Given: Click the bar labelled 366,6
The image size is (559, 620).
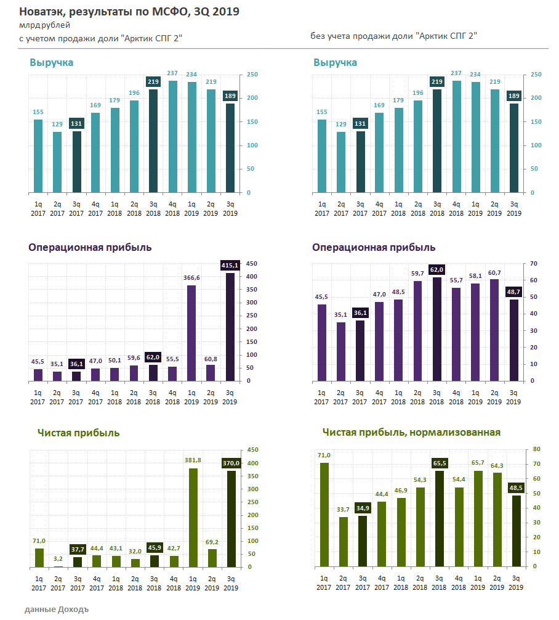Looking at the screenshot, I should pyautogui.click(x=191, y=333).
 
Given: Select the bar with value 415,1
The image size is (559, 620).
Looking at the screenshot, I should pyautogui.click(x=230, y=327).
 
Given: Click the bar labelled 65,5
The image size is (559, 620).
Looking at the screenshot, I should pyautogui.click(x=438, y=518).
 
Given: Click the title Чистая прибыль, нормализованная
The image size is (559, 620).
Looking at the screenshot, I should pyautogui.click(x=411, y=433).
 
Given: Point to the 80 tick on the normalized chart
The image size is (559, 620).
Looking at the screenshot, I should pyautogui.click(x=536, y=449).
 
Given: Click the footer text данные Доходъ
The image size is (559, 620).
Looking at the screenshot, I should pyautogui.click(x=57, y=610).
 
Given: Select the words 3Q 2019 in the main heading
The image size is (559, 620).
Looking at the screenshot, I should pyautogui.click(x=217, y=12).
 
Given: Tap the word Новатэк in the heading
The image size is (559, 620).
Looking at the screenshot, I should pyautogui.click(x=41, y=12).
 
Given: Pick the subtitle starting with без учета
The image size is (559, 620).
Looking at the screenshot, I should pyautogui.click(x=394, y=36).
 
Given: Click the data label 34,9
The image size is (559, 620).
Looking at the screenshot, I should pyautogui.click(x=363, y=507).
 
